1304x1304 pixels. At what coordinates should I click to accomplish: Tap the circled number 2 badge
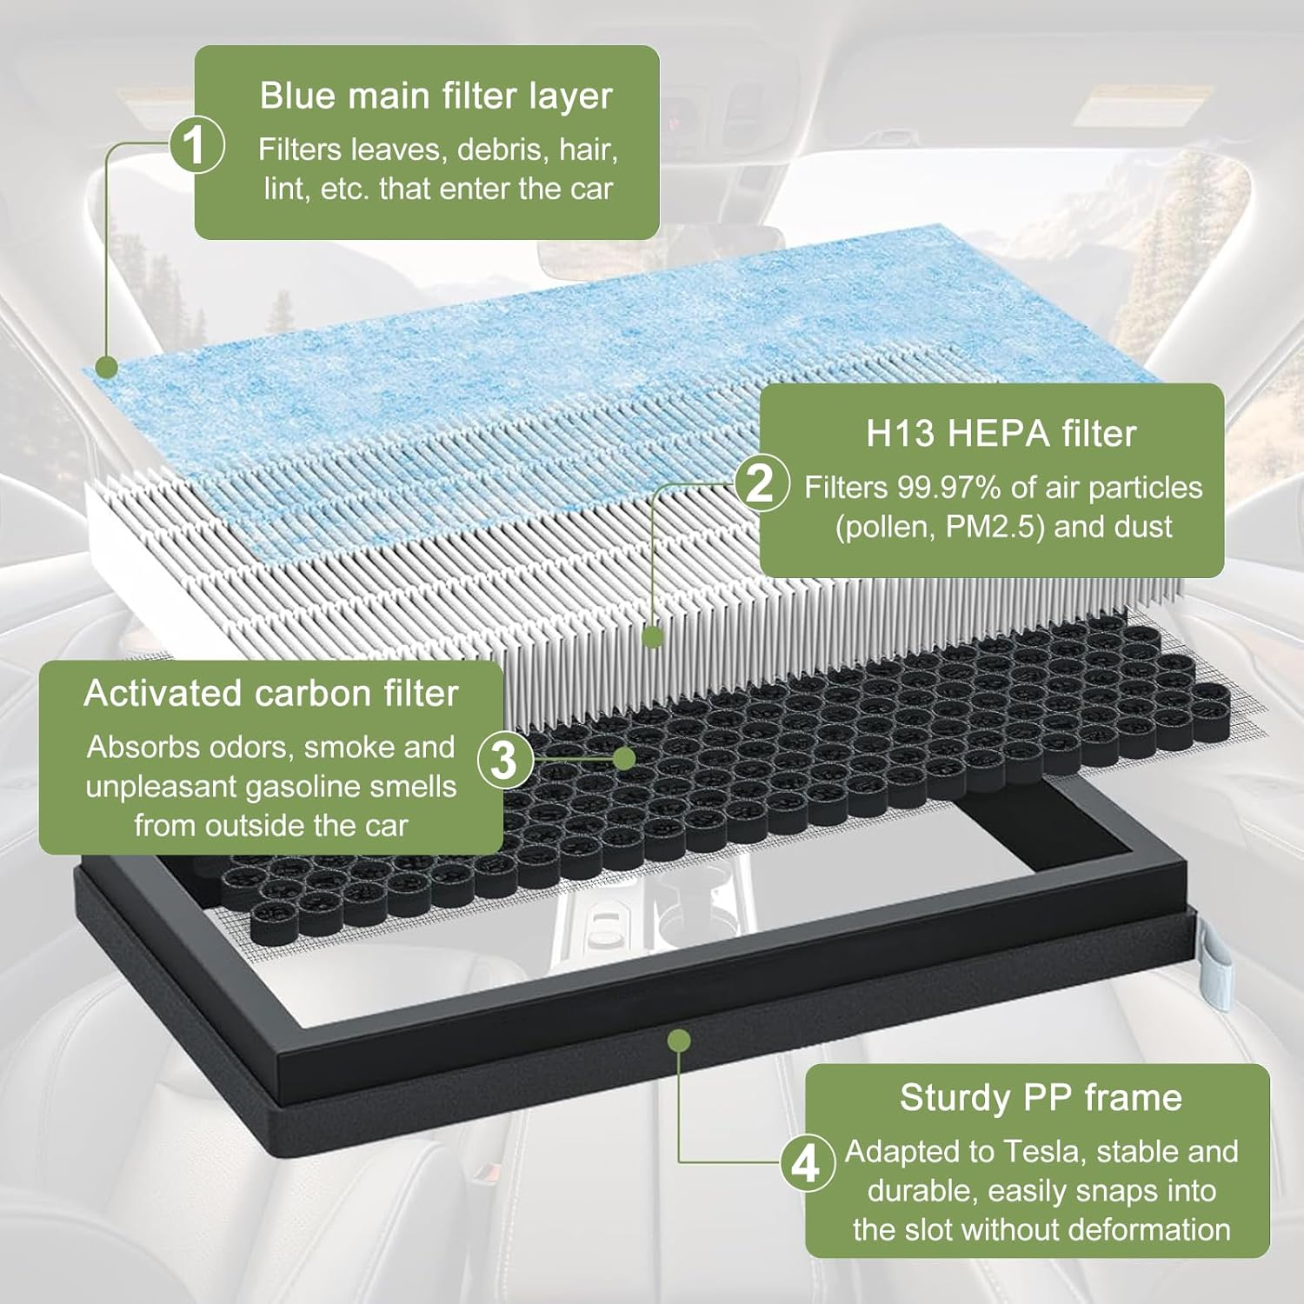tap(761, 482)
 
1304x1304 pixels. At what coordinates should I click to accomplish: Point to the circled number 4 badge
tap(806, 1162)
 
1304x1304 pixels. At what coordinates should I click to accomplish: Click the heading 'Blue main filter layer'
tap(436, 96)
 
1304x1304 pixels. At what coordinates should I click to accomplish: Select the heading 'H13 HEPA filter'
tap(1001, 433)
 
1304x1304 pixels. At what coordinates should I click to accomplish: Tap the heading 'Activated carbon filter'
tap(270, 693)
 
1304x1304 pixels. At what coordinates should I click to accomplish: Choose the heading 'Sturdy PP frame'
tap(1041, 1097)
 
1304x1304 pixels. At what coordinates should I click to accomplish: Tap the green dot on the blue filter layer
tap(106, 367)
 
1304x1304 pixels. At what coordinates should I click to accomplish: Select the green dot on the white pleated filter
tap(654, 637)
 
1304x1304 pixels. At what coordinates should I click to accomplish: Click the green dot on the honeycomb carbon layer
tap(623, 758)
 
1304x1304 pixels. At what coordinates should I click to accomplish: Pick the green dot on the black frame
tap(680, 1040)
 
